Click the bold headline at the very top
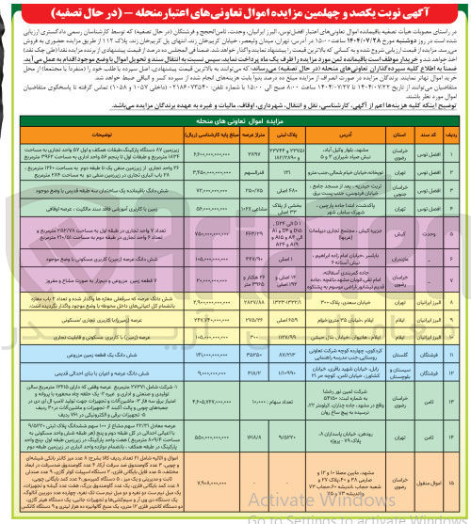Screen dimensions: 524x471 pyautogui.click(x=236, y=10)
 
